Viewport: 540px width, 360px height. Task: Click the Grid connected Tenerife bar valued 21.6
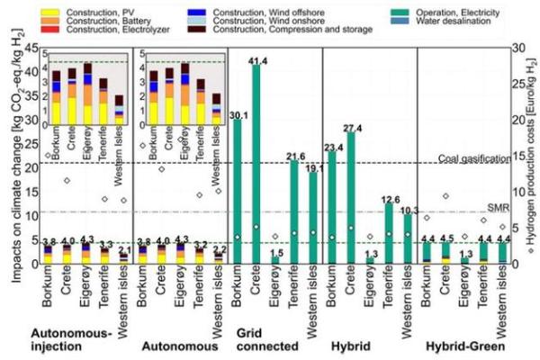tap(293, 211)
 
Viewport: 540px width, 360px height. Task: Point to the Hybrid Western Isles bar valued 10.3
tap(409, 238)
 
